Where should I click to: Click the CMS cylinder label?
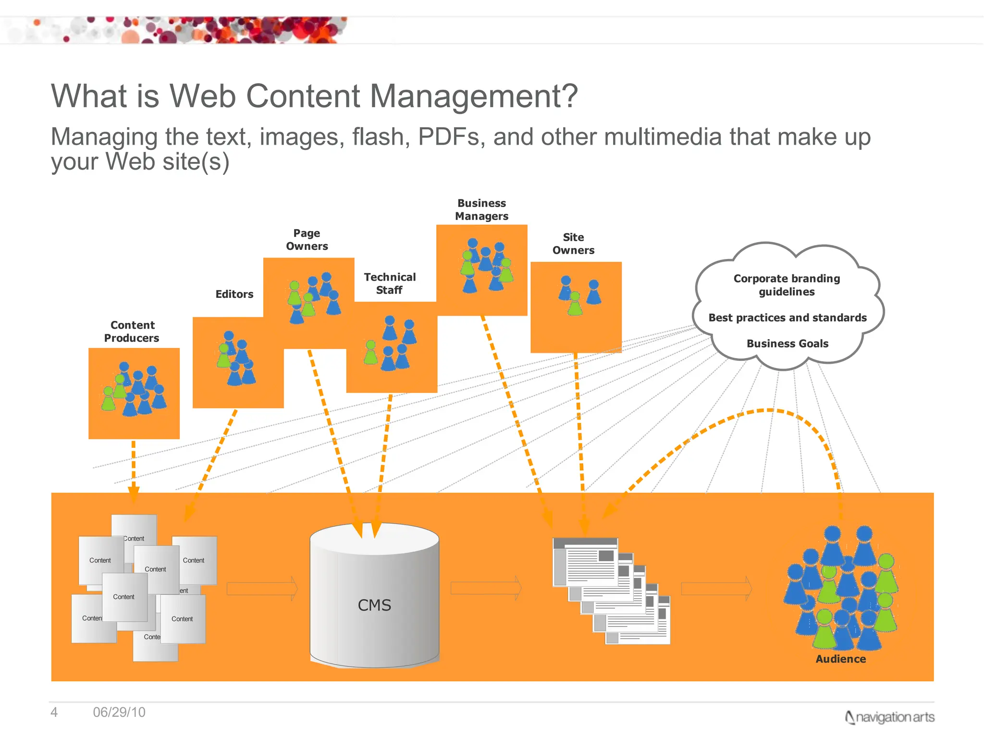(x=374, y=605)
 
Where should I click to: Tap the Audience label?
(x=840, y=659)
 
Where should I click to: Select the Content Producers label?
(x=132, y=332)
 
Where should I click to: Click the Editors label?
(x=234, y=294)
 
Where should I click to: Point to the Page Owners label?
(x=307, y=240)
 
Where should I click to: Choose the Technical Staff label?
(x=390, y=283)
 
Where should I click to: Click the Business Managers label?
(x=481, y=209)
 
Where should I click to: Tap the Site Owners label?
(x=573, y=244)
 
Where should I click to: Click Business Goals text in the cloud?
(x=787, y=344)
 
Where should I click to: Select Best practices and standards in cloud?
(x=787, y=318)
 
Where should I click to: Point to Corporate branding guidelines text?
(x=787, y=285)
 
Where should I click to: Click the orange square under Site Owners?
(x=576, y=307)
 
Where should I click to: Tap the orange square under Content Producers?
(x=134, y=393)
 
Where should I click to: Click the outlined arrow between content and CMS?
(x=262, y=589)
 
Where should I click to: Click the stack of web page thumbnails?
(x=611, y=591)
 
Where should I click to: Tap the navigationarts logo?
(x=890, y=717)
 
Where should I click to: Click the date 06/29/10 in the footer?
(x=119, y=712)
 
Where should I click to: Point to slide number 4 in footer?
(x=54, y=712)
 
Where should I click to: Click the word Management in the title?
(x=474, y=96)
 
